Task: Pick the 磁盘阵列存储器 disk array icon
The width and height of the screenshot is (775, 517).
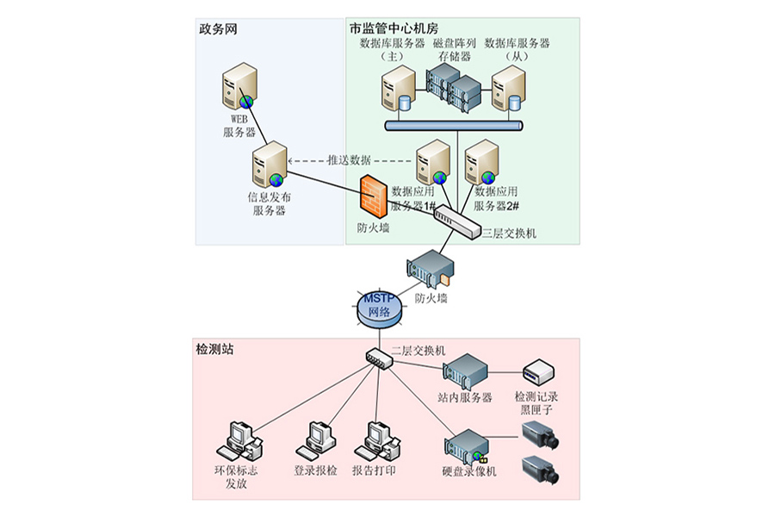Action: pyautogui.click(x=453, y=86)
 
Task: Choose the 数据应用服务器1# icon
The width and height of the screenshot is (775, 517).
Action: pyautogui.click(x=433, y=161)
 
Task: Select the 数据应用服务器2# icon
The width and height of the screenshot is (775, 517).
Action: pyautogui.click(x=482, y=161)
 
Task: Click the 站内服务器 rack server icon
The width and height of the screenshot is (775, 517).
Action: pyautogui.click(x=465, y=371)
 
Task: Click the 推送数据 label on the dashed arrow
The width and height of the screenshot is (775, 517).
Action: pyautogui.click(x=349, y=160)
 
